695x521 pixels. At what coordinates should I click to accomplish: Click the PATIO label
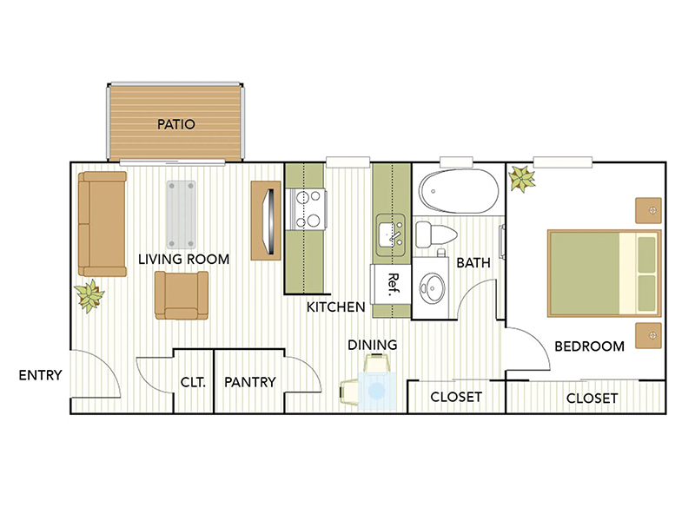[x=176, y=124]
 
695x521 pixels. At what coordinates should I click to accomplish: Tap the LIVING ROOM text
[x=184, y=259]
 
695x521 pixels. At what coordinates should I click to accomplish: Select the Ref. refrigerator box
[x=391, y=282]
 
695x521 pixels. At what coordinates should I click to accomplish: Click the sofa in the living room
[x=103, y=223]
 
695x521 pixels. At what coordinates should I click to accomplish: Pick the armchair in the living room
[x=182, y=295]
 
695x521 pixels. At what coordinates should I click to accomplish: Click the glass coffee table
[x=182, y=214]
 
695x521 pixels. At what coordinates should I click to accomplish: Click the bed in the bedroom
[x=603, y=272]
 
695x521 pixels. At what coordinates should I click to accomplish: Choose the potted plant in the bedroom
[x=523, y=180]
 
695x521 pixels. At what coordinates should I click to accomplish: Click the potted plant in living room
[x=89, y=296]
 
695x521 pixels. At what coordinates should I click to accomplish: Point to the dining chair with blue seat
[x=374, y=386]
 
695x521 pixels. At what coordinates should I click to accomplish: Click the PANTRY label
[x=249, y=382]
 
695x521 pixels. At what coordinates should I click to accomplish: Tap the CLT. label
[x=193, y=382]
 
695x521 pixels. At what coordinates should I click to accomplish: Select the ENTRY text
[x=40, y=376]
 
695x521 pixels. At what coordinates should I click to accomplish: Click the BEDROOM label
[x=589, y=346]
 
